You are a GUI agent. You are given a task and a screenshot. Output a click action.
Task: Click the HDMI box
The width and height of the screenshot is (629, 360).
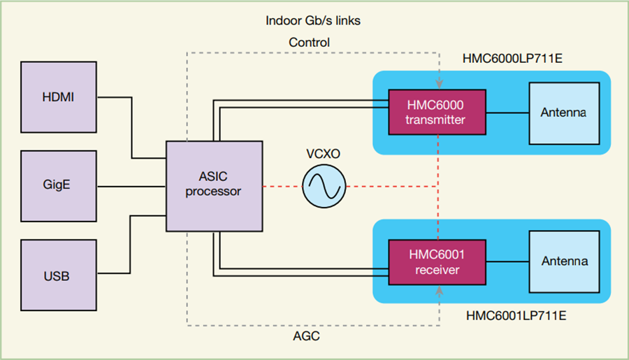tap(59, 96)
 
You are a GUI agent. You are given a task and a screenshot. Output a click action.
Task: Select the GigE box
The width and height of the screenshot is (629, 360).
tap(59, 187)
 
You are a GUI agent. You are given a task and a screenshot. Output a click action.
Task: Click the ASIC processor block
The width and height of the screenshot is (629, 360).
tap(213, 186)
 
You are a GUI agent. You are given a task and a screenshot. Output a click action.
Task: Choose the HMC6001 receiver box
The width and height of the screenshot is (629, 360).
tap(437, 261)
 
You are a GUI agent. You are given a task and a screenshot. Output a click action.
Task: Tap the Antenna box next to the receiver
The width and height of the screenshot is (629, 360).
tap(564, 261)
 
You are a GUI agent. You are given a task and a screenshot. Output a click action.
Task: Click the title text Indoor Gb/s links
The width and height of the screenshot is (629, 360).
tap(313, 20)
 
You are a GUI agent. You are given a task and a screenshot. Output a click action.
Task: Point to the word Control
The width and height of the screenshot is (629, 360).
tap(310, 43)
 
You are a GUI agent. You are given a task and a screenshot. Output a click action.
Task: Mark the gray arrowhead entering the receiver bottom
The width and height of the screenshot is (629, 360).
tap(438, 287)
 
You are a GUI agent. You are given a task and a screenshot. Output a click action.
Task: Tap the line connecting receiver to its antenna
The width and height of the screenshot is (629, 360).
tap(507, 261)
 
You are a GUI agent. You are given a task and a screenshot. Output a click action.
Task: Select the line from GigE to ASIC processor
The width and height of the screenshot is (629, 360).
tap(131, 187)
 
